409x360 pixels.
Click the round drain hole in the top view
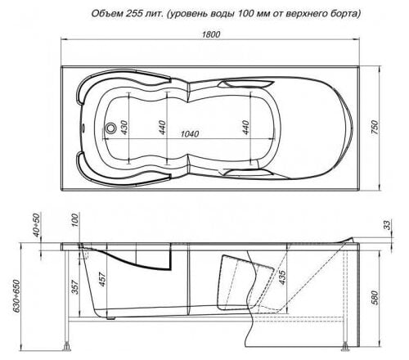112,128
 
